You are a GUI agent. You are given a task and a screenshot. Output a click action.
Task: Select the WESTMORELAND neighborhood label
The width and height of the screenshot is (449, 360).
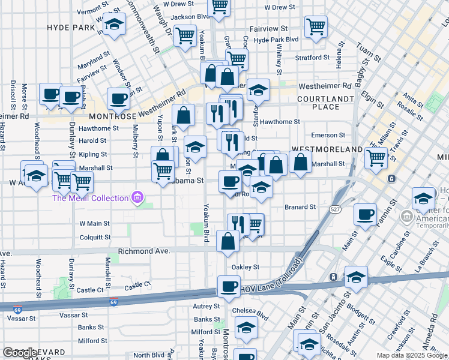click(x=327, y=149)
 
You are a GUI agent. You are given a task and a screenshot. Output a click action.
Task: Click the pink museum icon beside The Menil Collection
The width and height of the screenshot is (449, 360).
click(x=138, y=197)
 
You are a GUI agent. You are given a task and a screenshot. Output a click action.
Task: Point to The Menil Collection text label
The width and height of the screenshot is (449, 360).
click(x=91, y=198)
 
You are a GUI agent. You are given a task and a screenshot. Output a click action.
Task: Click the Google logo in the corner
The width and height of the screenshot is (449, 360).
click(x=20, y=353)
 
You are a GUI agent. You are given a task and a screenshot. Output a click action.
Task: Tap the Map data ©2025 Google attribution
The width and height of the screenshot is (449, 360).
click(x=412, y=355)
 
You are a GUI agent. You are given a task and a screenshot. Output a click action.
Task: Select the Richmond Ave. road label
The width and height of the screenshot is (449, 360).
click(x=144, y=251)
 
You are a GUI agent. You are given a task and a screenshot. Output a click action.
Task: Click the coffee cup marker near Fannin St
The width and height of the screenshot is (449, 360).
click(x=364, y=215)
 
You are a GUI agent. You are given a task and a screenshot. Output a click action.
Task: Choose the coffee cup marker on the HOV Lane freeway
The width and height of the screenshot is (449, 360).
click(x=228, y=286)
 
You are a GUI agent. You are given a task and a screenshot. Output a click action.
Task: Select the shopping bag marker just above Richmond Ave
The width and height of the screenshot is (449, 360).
click(x=228, y=242)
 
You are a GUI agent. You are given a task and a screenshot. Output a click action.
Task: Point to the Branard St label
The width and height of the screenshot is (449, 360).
click(x=300, y=207)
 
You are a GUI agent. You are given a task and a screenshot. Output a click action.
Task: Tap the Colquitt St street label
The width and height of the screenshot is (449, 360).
click(x=95, y=237)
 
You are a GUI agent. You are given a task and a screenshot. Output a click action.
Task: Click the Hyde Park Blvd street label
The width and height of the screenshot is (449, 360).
click(x=276, y=40)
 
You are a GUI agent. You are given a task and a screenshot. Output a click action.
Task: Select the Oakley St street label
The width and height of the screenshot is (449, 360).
click(x=246, y=267)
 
